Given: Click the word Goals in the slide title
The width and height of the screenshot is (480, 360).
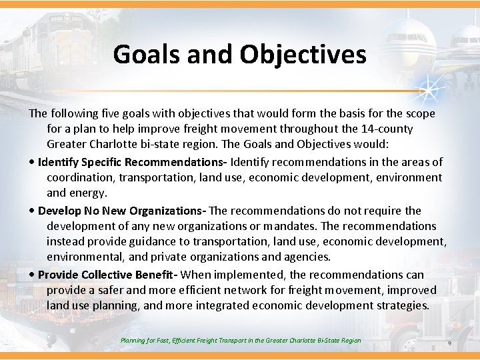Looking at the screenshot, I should pos(146,54).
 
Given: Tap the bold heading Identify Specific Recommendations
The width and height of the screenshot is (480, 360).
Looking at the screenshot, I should pos(132,162).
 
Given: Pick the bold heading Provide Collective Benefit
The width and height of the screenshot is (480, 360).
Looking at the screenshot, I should pos(105,275).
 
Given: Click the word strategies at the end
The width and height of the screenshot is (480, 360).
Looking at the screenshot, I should pos(401,305).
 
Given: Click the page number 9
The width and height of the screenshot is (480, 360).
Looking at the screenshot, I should pos(449,343).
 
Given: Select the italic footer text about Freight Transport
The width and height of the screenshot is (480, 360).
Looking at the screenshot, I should pos(241,341).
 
